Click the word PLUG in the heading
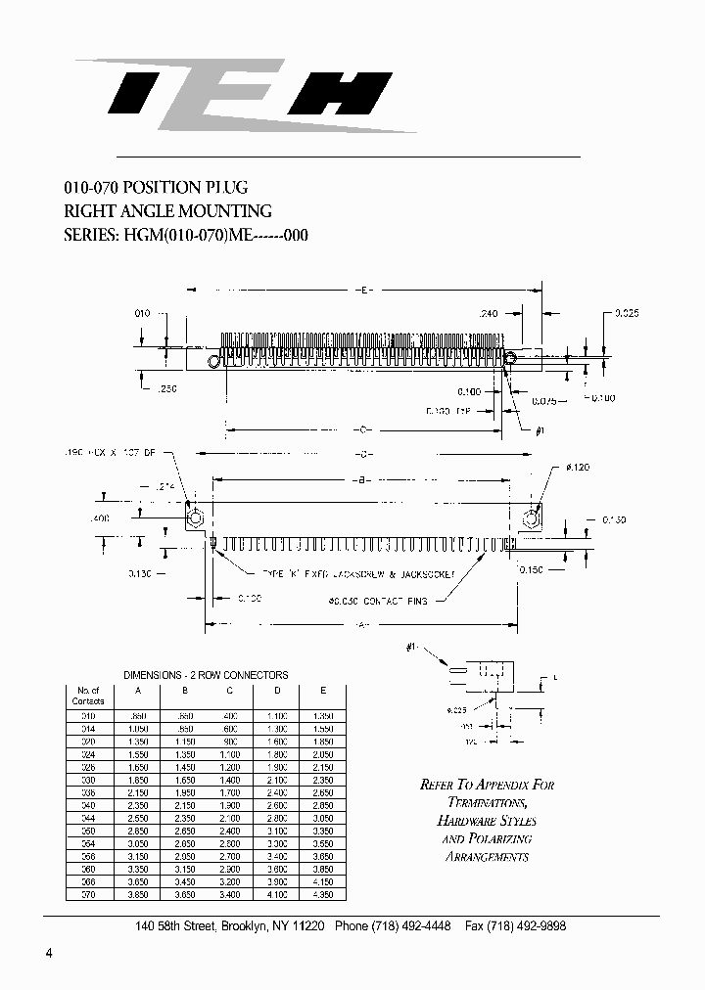point(226,187)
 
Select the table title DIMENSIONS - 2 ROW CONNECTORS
point(206,675)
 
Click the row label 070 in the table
point(87,894)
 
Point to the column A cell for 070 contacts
point(138,894)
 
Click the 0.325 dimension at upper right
point(628,313)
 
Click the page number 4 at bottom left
point(48,954)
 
